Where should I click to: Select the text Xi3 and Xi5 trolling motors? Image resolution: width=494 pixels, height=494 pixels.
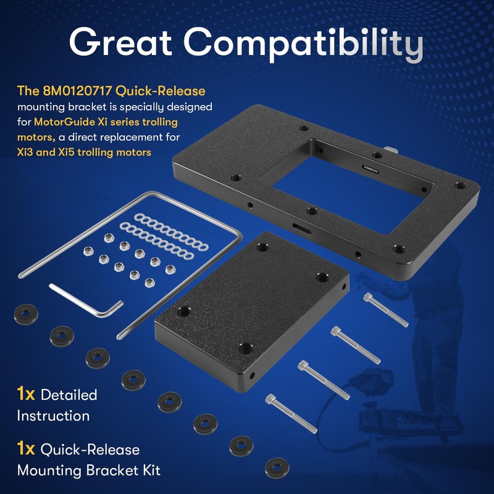pyautogui.click(x=84, y=152)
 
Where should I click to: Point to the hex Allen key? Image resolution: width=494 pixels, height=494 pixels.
pyautogui.click(x=86, y=300)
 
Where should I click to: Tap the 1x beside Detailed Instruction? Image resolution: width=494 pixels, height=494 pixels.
pyautogui.click(x=26, y=393)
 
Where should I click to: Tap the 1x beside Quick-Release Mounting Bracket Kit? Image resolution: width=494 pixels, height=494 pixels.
pyautogui.click(x=26, y=449)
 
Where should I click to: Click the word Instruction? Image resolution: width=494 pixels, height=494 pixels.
pyautogui.click(x=53, y=416)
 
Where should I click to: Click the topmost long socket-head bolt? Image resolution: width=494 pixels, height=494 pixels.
pyautogui.click(x=386, y=310)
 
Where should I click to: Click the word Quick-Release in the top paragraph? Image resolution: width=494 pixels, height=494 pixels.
pyautogui.click(x=168, y=91)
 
